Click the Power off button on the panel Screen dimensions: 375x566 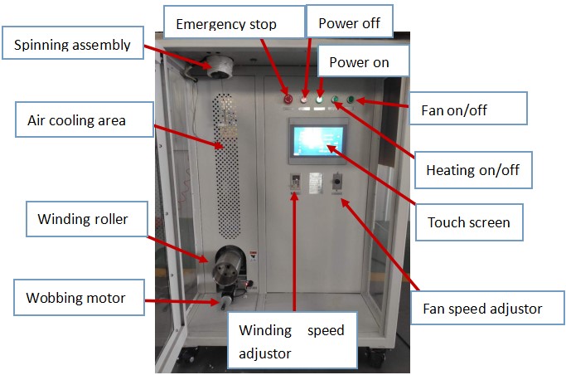pos(304,100)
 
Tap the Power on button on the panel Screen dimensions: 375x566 pos(319,100)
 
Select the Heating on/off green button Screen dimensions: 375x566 pos(335,101)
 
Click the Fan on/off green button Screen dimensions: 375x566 pos(350,101)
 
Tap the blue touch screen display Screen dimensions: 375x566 pos(317,144)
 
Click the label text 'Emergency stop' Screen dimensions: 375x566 pos(226,23)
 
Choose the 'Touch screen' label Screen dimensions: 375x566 pos(468,222)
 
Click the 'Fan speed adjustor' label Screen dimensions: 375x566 pos(487,309)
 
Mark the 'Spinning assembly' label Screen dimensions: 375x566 pos(73,45)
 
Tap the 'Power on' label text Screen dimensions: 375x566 pos(359,62)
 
